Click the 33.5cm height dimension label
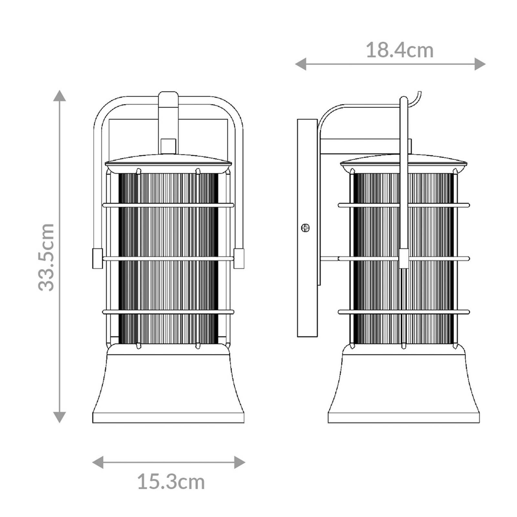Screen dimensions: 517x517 (46, 257)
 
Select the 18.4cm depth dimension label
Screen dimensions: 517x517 (399, 51)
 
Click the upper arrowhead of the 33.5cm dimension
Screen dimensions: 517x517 (59, 96)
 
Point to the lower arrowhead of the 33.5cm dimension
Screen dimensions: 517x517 (59, 417)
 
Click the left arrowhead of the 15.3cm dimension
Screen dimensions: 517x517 (98, 462)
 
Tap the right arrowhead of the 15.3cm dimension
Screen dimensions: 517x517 (239, 462)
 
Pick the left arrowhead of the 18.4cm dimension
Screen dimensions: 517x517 (301, 64)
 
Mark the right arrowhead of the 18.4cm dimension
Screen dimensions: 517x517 (480, 64)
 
